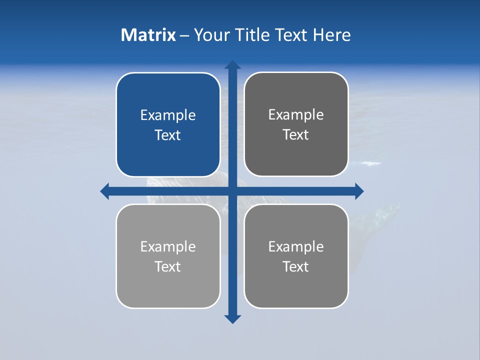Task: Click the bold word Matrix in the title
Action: click(x=148, y=35)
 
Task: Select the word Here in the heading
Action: click(x=331, y=35)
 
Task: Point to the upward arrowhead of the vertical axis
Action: click(x=232, y=65)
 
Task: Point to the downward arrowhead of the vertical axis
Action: click(x=232, y=318)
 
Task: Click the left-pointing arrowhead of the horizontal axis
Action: click(x=105, y=191)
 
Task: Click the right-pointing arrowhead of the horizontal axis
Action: click(x=359, y=191)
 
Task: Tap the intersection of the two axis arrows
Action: click(x=232, y=191)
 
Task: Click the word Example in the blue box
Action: click(x=168, y=115)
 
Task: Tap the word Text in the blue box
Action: click(x=168, y=135)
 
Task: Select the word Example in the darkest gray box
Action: click(x=296, y=115)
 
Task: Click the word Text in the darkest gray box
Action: click(x=296, y=135)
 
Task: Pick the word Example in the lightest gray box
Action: click(x=168, y=247)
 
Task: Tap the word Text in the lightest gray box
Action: click(x=168, y=267)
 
